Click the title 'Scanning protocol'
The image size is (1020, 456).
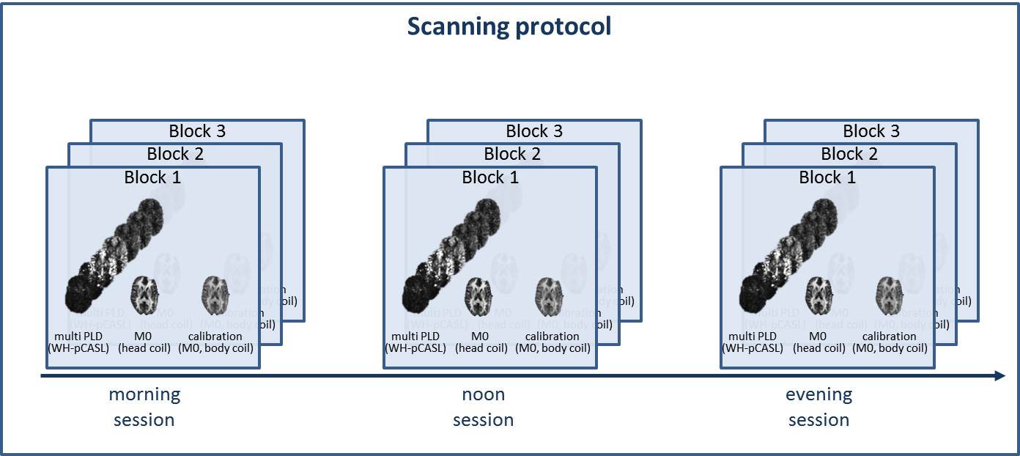[x=509, y=27]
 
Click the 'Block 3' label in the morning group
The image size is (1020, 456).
[x=197, y=131]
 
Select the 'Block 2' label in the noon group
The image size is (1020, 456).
[x=512, y=154]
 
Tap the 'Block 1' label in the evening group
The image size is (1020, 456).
[x=827, y=177]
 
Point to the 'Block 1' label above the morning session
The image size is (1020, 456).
[x=153, y=177]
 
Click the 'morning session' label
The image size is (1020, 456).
[x=144, y=407]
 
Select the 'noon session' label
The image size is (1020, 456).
[x=483, y=407]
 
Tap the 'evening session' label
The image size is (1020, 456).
[x=818, y=407]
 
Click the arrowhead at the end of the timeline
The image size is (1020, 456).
[x=999, y=376]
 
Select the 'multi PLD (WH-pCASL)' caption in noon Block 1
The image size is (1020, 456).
[x=415, y=342]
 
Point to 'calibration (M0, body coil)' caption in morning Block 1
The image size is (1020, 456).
[x=216, y=342]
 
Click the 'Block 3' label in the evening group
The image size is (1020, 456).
[x=871, y=131]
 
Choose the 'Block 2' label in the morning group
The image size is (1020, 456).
[x=175, y=154]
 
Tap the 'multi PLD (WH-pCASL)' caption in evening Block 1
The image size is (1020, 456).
[x=753, y=342]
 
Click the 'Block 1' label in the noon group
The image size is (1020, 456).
[x=490, y=177]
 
